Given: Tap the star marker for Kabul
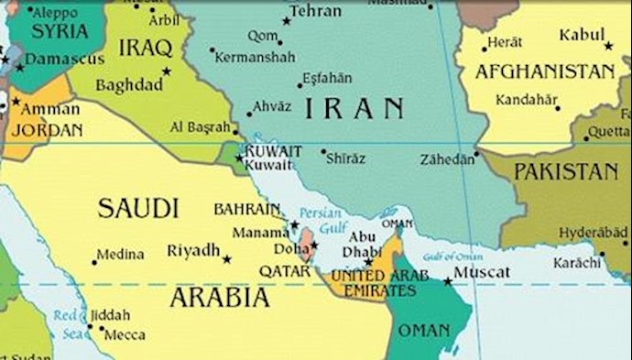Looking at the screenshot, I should coord(609,45).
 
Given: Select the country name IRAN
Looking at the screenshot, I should coord(354,108).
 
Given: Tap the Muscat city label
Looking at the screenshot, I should coord(484,272).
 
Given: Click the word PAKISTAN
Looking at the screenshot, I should coord(566,171).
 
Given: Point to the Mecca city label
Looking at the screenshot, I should coord(125,335).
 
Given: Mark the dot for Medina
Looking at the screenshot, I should coord(93,262).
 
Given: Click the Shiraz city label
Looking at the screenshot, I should coord(345,158).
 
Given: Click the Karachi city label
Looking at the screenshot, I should coord(577,263).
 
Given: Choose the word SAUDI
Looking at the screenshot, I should coord(137,209).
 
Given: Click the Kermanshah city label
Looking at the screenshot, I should coord(255,57).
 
